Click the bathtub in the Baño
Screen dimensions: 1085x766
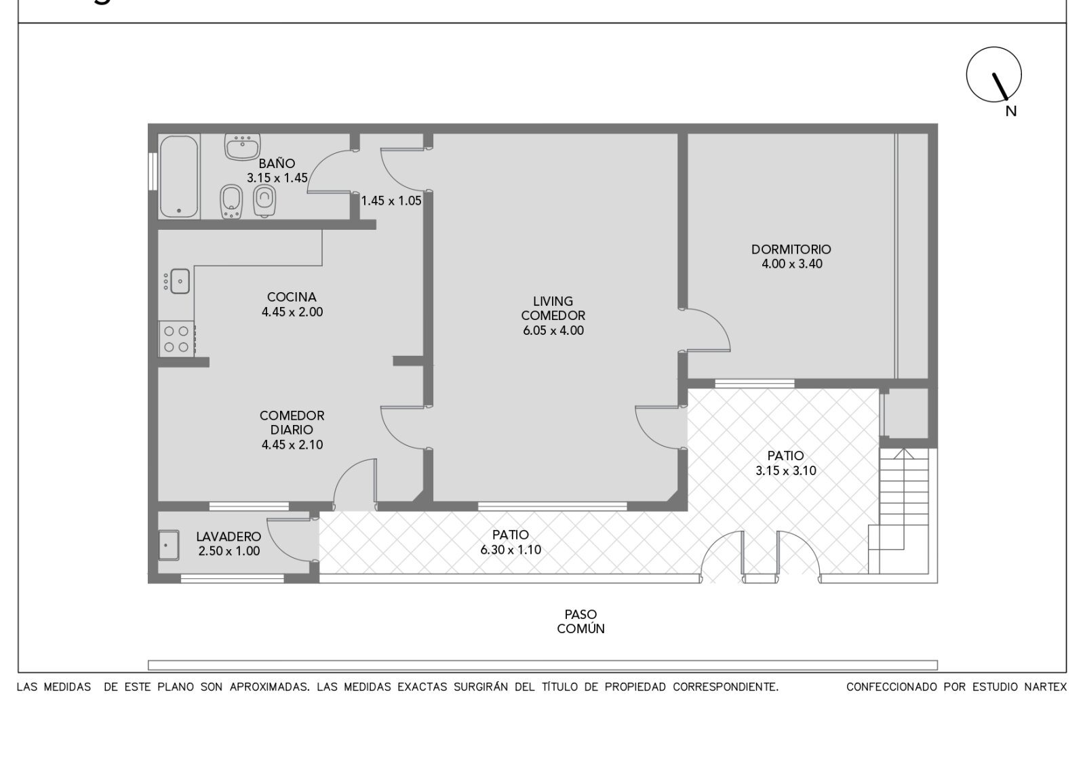tap(179, 176)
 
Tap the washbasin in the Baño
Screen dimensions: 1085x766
tap(242, 146)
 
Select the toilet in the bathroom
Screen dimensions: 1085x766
tap(264, 201)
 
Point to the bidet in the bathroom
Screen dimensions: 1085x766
tap(231, 202)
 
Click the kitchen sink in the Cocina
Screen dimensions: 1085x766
tap(180, 281)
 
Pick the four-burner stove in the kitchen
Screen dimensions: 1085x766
tap(177, 339)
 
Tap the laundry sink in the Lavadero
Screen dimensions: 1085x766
tap(168, 545)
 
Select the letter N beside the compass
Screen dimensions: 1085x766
tap(1011, 111)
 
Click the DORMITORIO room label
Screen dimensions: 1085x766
tap(791, 249)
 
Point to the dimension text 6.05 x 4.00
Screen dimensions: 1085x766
tap(553, 331)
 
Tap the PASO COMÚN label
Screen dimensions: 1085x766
tap(580, 622)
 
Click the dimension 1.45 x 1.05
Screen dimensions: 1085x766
tap(391, 201)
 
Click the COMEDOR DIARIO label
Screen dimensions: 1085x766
tap(292, 423)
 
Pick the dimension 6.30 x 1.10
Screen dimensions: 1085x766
tap(511, 550)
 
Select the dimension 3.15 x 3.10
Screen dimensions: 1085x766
tap(786, 470)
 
